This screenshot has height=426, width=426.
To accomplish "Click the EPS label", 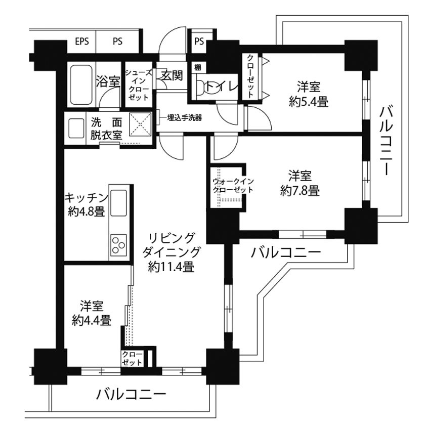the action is (x=82, y=41).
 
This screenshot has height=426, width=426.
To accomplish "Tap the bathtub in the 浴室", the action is (x=81, y=85).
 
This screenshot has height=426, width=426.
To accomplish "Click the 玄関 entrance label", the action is (x=172, y=75).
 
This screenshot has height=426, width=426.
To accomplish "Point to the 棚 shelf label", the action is (x=198, y=67).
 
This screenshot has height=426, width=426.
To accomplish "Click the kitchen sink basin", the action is (x=119, y=203).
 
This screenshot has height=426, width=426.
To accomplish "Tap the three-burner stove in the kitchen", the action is (x=119, y=245).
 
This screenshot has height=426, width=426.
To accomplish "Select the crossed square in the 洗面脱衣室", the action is (x=140, y=124).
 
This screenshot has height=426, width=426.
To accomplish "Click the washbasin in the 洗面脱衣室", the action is (x=76, y=128).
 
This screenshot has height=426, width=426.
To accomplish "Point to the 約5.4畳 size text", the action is (x=309, y=102).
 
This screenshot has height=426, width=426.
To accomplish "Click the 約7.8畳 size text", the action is (x=300, y=191).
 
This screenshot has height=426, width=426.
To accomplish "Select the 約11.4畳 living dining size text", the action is (x=171, y=267).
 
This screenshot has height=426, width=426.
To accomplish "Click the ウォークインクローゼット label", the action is (x=233, y=185).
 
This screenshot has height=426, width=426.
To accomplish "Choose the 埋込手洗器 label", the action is (x=185, y=118).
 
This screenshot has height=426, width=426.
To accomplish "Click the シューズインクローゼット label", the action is (x=139, y=85).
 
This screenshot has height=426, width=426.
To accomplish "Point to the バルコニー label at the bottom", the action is (x=131, y=394).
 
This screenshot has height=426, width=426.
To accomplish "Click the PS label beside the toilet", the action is (x=199, y=41).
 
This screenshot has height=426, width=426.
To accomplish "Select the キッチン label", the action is (x=87, y=198).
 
